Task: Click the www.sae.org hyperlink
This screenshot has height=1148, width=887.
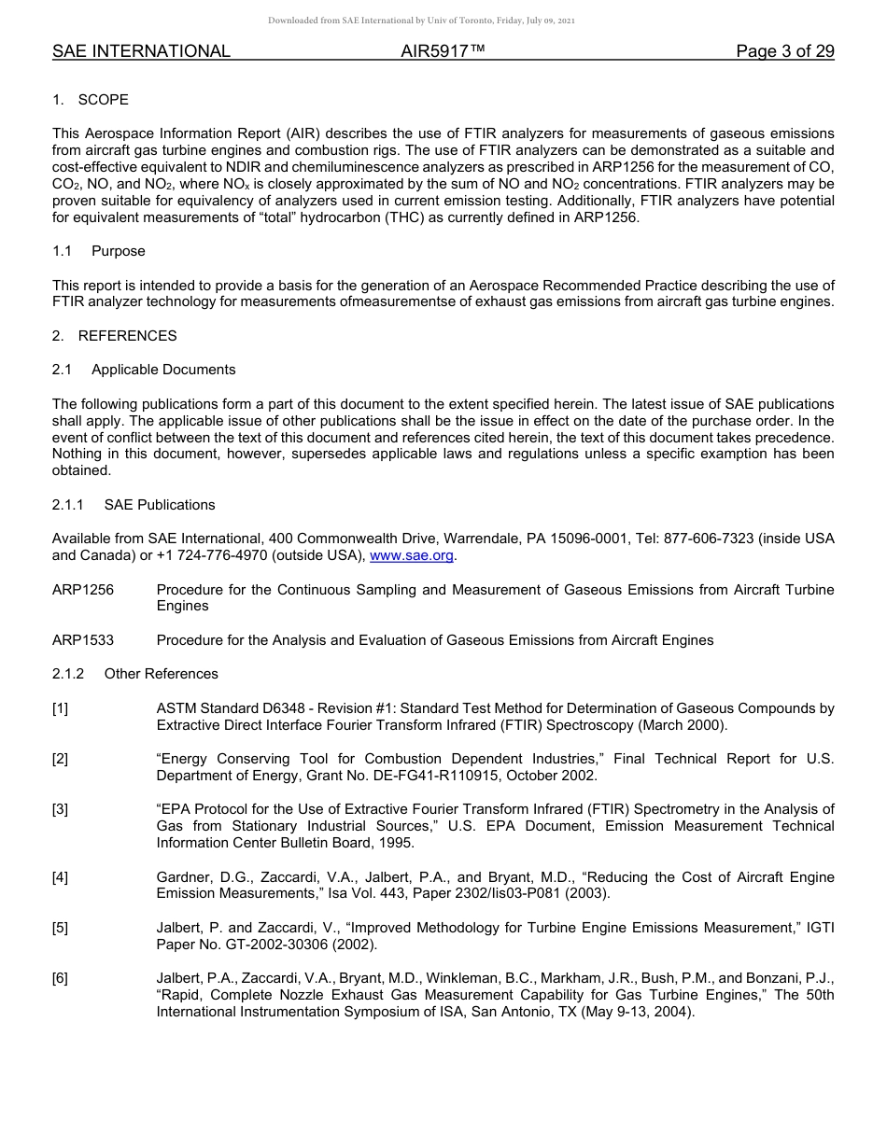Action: (412, 555)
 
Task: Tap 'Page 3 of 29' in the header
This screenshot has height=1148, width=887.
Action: (784, 51)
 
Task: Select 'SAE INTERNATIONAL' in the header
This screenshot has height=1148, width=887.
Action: (141, 51)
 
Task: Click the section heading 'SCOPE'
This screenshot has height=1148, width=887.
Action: (104, 100)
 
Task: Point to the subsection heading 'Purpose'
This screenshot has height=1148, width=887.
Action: (119, 251)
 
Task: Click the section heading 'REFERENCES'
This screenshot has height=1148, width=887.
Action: (127, 336)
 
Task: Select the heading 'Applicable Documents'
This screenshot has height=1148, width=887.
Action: (163, 370)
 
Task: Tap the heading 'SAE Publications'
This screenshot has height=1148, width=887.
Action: (160, 505)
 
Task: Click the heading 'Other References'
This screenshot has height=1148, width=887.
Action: (161, 674)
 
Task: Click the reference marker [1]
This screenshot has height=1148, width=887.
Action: (60, 708)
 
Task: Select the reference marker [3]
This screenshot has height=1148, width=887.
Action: (60, 809)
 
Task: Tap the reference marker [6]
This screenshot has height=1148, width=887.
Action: (60, 978)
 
